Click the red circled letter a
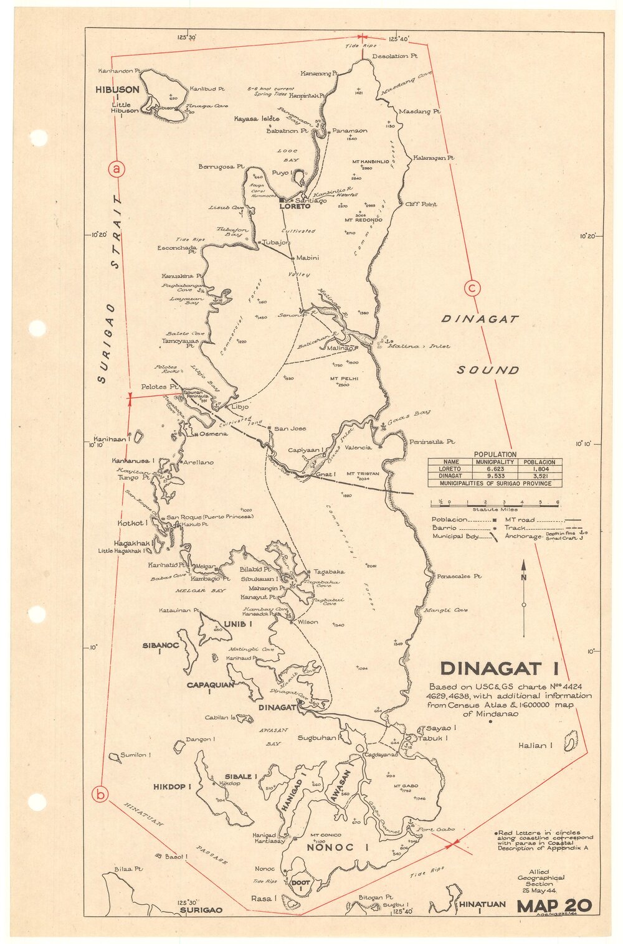[117, 169]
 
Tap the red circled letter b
[100, 794]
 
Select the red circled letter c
[473, 288]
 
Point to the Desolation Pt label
[394, 56]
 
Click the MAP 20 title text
[554, 906]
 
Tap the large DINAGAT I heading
[490, 669]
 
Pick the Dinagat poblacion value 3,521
[540, 476]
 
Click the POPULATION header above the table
[495, 455]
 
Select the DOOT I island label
[300, 886]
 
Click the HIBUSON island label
[117, 90]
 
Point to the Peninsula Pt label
[431, 441]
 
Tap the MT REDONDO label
[363, 220]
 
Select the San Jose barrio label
[290, 429]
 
